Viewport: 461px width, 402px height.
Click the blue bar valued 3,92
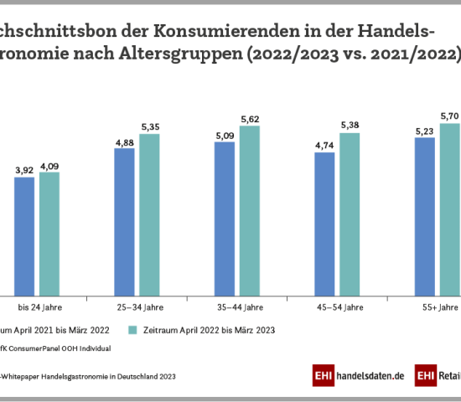click(x=24, y=235)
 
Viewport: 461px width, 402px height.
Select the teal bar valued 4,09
click(x=49, y=233)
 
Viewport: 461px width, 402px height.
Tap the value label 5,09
click(x=225, y=135)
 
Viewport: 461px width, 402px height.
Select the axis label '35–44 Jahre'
click(x=237, y=308)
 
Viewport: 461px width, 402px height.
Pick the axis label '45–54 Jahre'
click(x=337, y=308)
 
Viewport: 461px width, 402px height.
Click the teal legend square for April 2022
click(x=131, y=329)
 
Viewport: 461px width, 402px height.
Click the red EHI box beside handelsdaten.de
click(x=324, y=377)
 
